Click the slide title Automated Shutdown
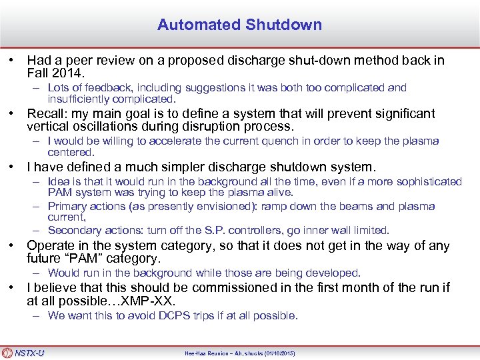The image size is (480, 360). tap(239, 25)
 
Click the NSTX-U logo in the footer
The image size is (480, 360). tap(24, 353)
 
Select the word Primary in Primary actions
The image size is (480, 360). tap(66, 206)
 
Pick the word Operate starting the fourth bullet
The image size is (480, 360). tap(50, 246)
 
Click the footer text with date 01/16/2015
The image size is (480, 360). tap(239, 353)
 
